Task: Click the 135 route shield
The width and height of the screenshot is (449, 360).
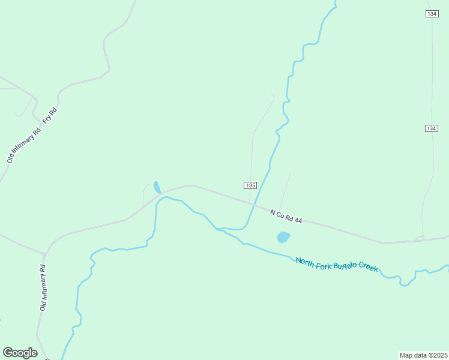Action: (250, 185)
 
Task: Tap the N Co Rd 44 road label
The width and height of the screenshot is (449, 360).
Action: (286, 217)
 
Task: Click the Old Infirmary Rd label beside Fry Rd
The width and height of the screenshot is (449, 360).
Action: (23, 145)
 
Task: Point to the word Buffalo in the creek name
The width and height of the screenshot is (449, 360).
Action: (340, 264)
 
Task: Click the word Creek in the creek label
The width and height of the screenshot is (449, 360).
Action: (369, 268)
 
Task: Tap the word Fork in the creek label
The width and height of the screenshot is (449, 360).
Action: (323, 262)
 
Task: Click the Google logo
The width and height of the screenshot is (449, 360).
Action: (20, 353)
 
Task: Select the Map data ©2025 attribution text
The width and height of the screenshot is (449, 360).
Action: (423, 355)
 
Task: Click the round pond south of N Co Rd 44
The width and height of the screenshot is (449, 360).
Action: (283, 237)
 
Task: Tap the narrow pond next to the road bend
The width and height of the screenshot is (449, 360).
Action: (157, 187)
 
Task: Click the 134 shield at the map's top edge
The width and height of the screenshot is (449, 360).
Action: (432, 14)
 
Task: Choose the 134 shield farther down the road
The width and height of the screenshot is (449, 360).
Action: (431, 128)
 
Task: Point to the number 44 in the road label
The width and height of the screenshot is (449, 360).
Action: (298, 220)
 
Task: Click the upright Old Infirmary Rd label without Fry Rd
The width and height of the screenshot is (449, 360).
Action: (43, 288)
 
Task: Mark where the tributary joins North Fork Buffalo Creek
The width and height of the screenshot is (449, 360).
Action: (217, 229)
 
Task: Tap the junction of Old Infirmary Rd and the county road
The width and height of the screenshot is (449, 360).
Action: (46, 253)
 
